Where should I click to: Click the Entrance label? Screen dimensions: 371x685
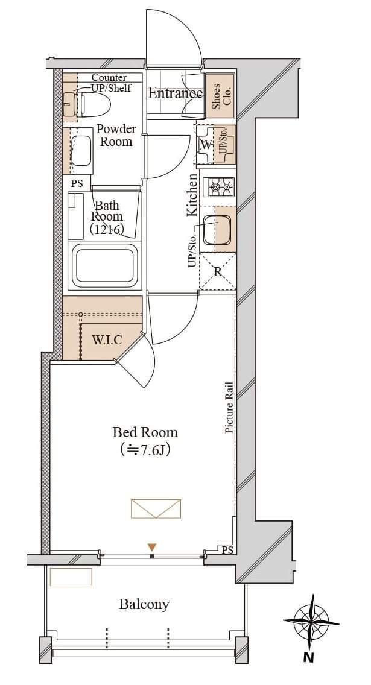tap(175, 93)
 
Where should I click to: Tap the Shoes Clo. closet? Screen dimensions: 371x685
tap(220, 96)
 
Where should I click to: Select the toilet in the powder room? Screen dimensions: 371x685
tap(87, 104)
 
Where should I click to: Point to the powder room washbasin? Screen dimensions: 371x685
tap(81, 150)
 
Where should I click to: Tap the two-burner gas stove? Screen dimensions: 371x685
tap(221, 188)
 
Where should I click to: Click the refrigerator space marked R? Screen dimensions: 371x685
tap(218, 272)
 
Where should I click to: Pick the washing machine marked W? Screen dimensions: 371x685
tap(205, 145)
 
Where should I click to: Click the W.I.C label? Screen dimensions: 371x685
tap(107, 340)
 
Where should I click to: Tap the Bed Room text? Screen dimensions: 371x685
tap(145, 432)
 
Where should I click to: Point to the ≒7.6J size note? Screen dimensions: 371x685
tap(145, 450)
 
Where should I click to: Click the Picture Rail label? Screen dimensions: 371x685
tap(229, 408)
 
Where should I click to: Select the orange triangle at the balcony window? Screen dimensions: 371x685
tap(151, 547)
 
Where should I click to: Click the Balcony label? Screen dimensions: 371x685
tap(144, 604)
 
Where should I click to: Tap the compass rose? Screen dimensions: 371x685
tap(311, 621)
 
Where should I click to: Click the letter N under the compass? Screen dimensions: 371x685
tap(309, 657)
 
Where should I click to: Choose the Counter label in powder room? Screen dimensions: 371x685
tap(109, 78)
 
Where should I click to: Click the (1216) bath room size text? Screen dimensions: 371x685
tap(107, 229)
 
